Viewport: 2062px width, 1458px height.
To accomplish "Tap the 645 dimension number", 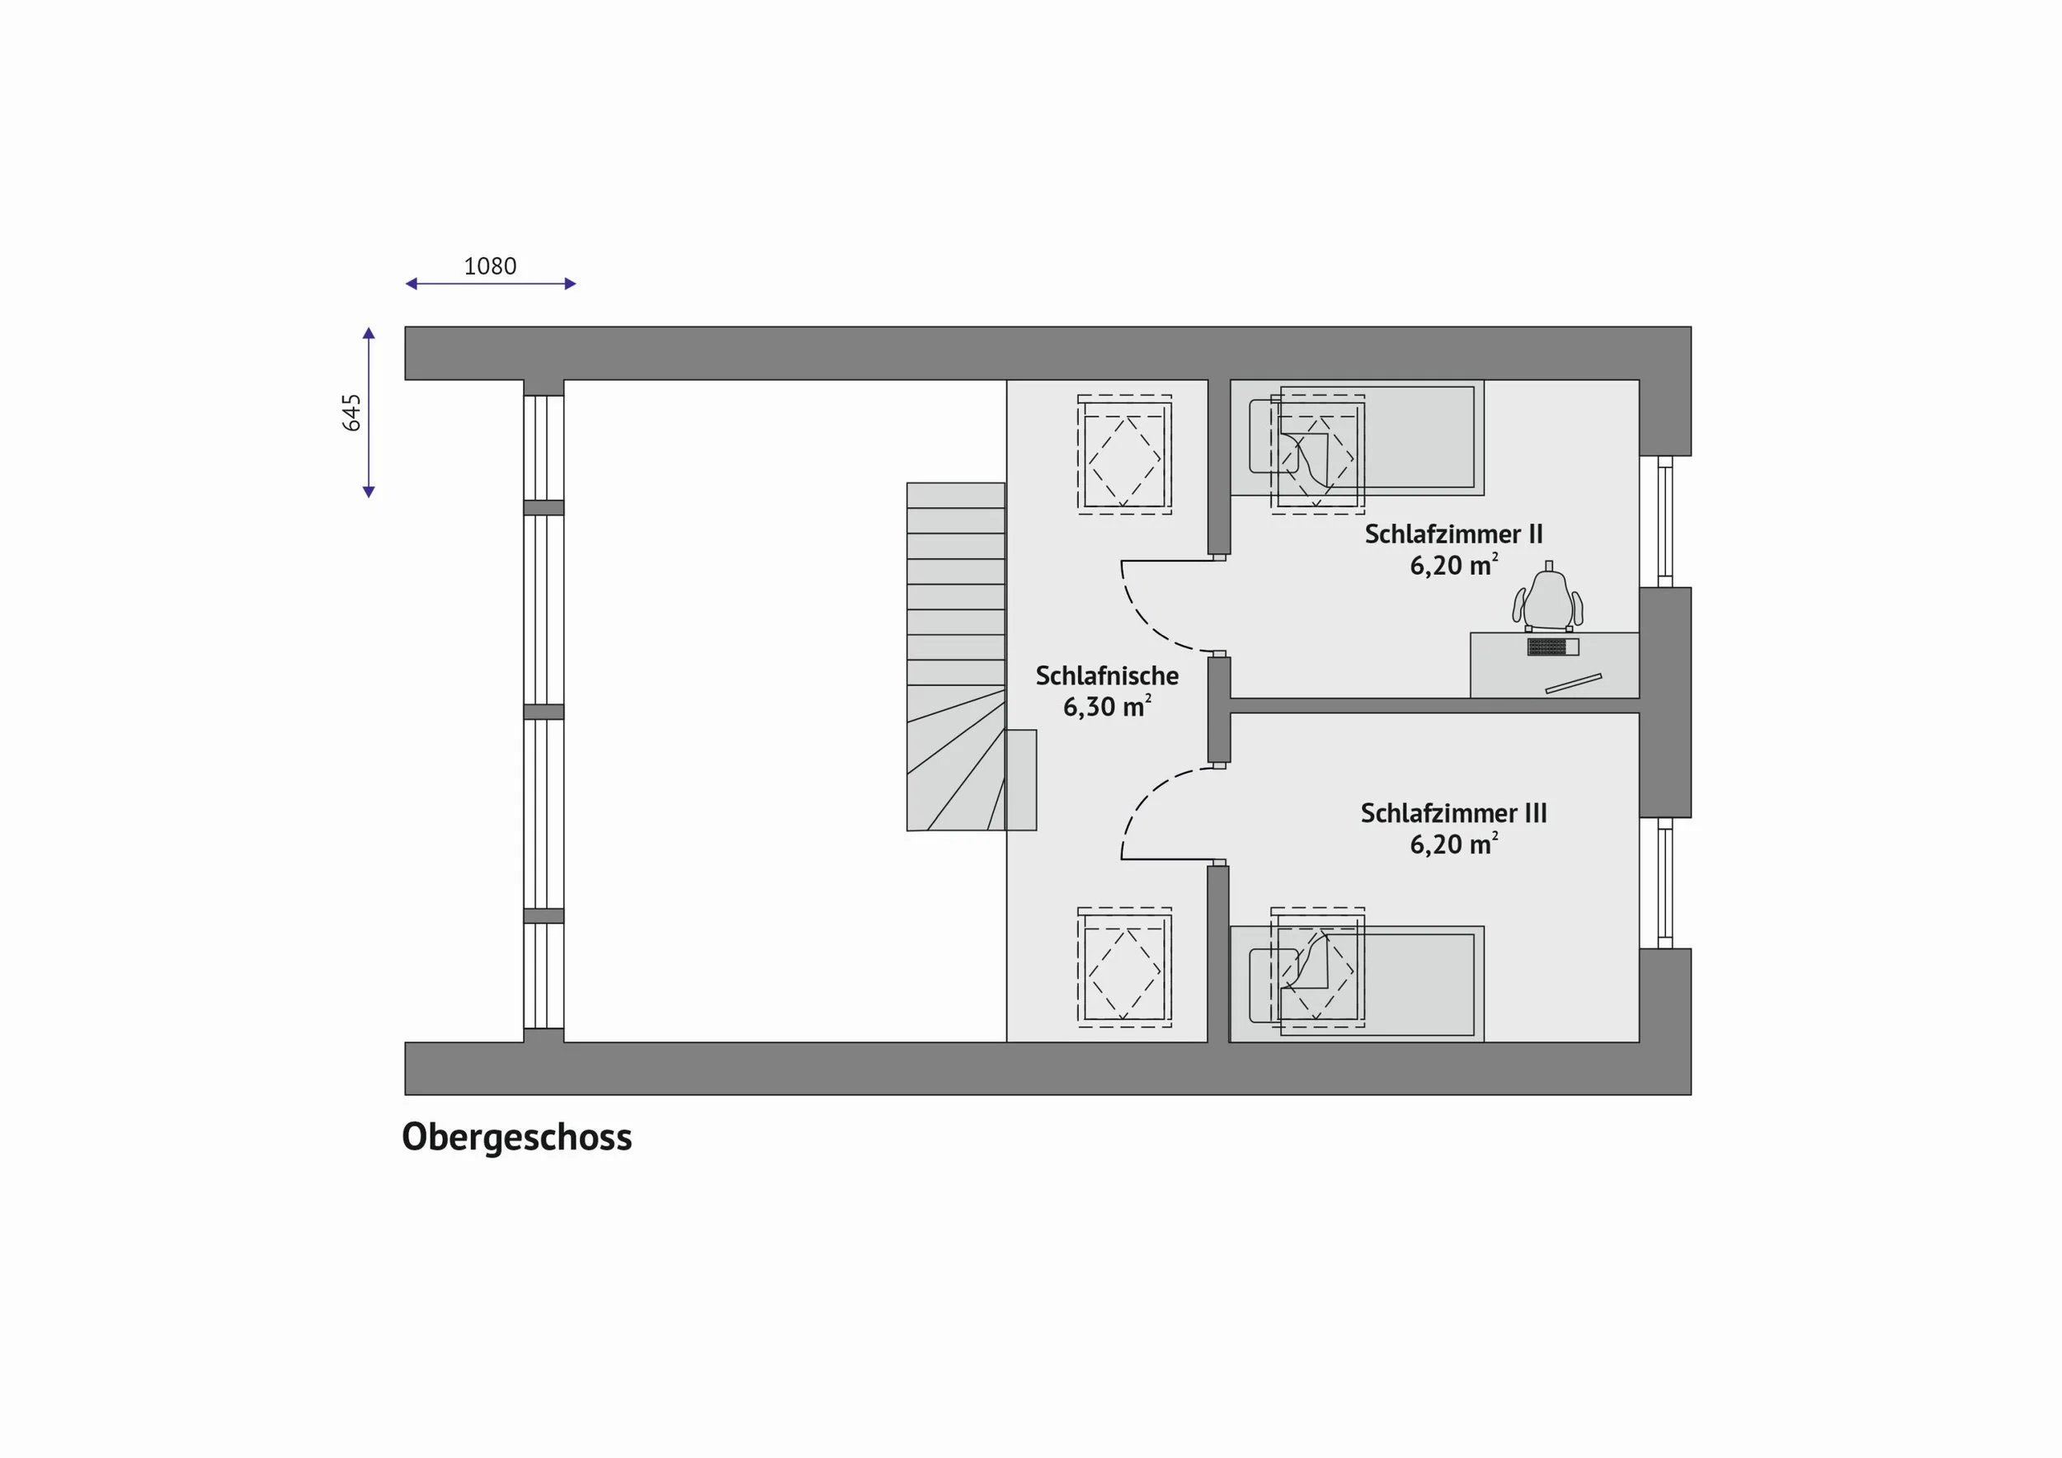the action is pos(351,413).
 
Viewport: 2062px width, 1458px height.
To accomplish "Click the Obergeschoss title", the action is pos(516,1136).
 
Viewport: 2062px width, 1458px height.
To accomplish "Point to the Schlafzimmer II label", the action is pos(1453,534).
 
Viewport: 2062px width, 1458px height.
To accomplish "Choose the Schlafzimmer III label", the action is pos(1453,812).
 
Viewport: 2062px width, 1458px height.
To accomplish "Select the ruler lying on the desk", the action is pos(1573,683).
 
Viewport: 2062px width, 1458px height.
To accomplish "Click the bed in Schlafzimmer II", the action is pos(1356,437).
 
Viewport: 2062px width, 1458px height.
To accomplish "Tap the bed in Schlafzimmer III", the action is pos(1356,984).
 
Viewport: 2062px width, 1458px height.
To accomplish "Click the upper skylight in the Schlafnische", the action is pos(1124,454).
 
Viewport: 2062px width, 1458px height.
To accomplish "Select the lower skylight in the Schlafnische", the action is pos(1124,967).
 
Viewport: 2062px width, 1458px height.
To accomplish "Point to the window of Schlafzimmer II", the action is pos(1665,520).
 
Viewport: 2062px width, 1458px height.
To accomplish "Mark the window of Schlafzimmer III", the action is pos(1665,882).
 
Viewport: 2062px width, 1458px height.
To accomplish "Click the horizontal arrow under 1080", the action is pos(491,284).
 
